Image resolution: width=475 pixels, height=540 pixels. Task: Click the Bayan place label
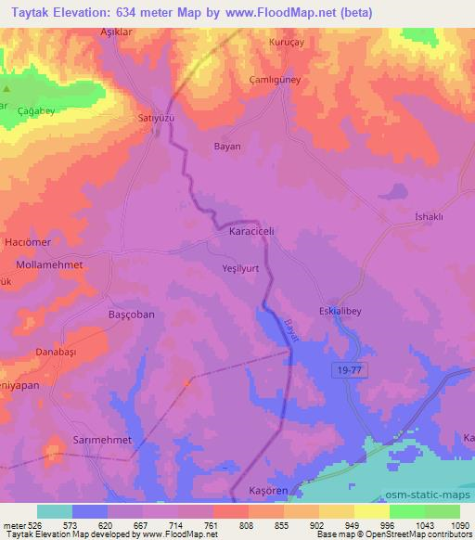tap(227, 147)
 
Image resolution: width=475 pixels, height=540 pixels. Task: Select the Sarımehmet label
tap(102, 438)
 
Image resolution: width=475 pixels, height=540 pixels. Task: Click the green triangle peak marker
tap(6, 89)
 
